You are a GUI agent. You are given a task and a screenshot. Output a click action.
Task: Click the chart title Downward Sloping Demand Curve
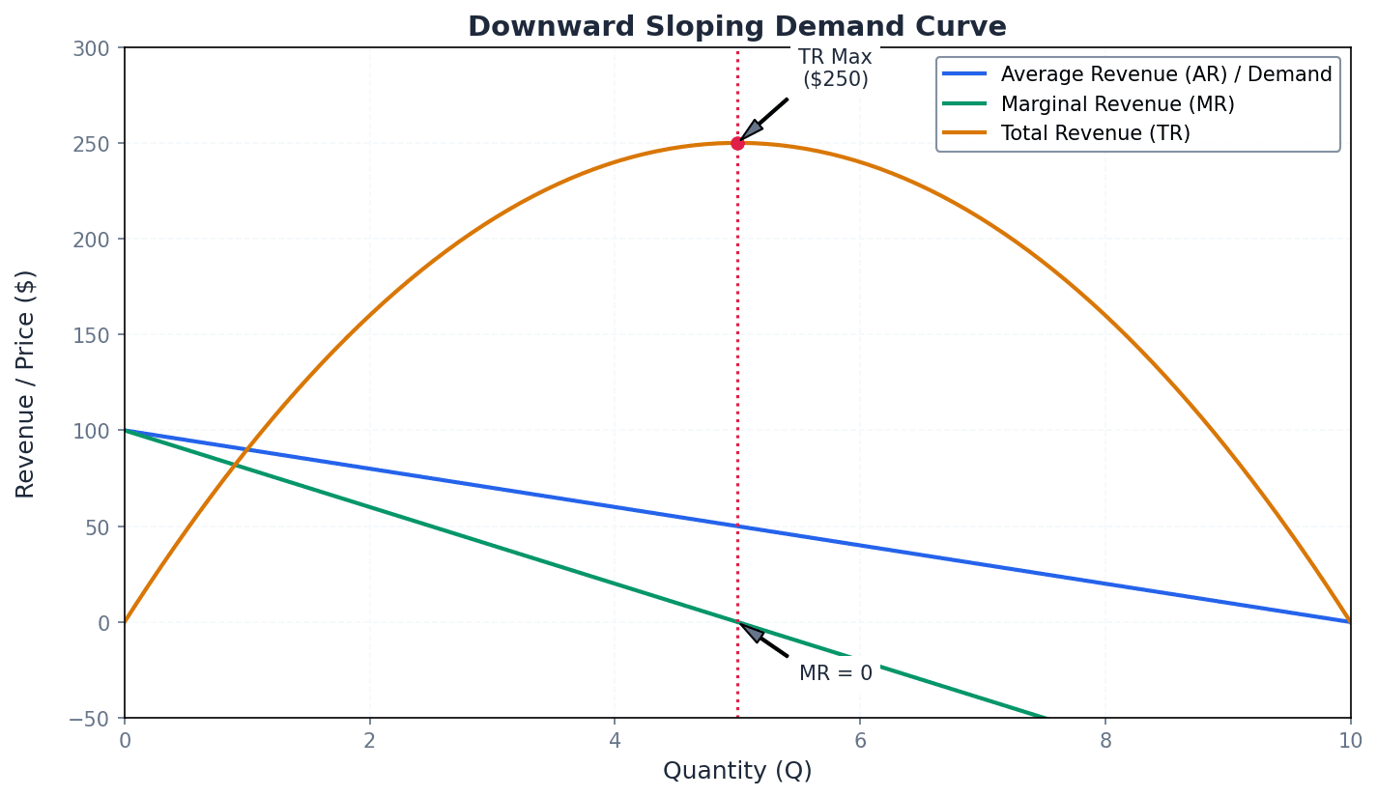[736, 27]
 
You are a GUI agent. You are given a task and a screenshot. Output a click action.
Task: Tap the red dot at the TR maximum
[737, 143]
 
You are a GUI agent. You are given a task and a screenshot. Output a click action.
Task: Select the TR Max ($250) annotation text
[835, 69]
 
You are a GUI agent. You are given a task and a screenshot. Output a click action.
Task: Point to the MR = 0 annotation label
[835, 673]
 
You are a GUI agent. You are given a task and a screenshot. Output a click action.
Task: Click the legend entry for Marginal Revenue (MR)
[1117, 104]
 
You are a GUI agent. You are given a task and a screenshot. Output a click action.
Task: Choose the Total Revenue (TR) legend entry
[1095, 133]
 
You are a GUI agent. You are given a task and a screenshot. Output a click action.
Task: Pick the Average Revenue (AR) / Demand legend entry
[1165, 74]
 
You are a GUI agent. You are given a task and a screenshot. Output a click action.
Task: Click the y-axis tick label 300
[92, 48]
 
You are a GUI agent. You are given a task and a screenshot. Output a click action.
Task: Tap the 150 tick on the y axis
[92, 335]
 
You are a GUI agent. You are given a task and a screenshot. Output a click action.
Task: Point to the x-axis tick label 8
[1104, 741]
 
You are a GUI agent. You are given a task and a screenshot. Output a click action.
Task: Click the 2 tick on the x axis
[369, 741]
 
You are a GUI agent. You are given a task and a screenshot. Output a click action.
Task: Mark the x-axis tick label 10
[1350, 741]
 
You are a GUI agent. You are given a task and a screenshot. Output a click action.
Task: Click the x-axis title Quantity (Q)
[737, 771]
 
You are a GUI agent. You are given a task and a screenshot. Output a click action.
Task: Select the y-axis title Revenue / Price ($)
[26, 384]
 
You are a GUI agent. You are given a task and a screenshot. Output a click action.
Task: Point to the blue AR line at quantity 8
[1105, 584]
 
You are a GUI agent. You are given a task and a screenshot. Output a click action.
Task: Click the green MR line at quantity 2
[369, 507]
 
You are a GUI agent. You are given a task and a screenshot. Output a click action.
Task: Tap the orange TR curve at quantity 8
[1105, 316]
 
